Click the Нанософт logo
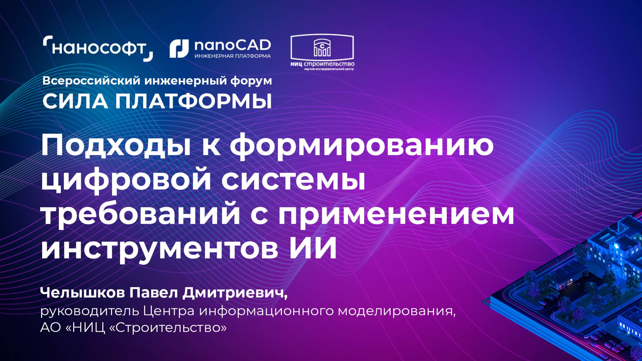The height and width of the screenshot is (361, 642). [98, 48]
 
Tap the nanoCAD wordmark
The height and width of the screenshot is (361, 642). [232, 45]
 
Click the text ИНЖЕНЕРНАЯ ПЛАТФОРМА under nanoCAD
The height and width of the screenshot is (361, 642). [232, 56]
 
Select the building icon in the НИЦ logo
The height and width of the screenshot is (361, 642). [322, 48]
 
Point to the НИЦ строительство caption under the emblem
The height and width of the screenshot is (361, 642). [322, 64]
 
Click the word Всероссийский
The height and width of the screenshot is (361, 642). [91, 81]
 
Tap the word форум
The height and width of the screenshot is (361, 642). [251, 81]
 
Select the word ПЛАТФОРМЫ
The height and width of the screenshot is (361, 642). [193, 102]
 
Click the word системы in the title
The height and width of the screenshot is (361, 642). [293, 180]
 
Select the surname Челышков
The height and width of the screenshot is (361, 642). [82, 293]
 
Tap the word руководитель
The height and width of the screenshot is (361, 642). [90, 311]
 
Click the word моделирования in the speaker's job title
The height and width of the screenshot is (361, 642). [396, 311]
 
